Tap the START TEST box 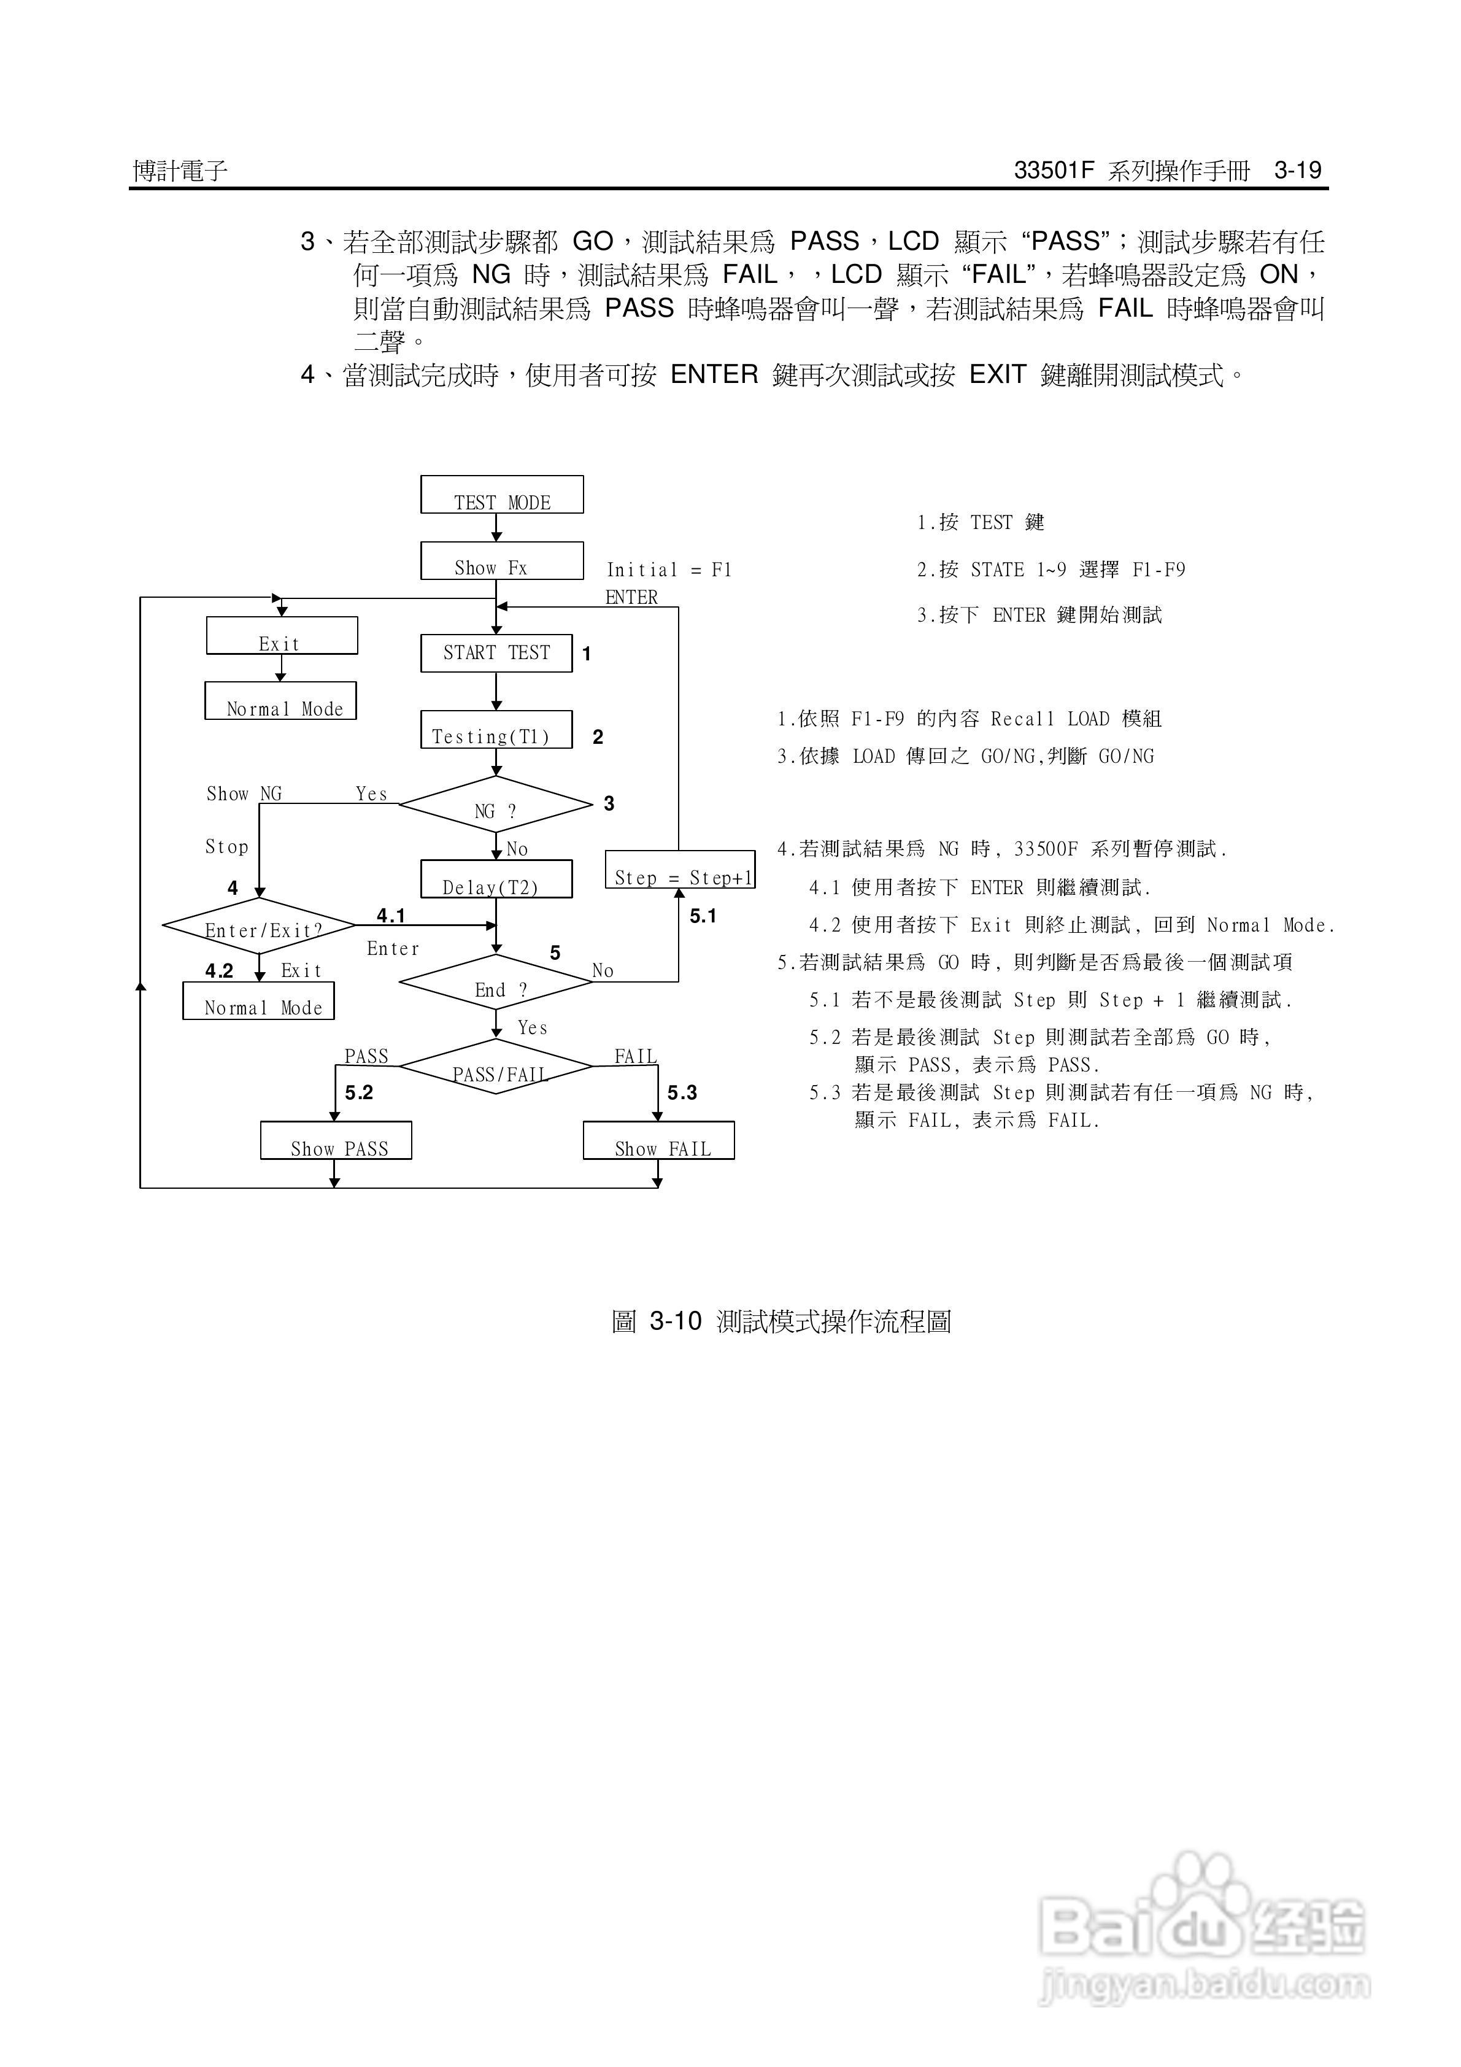(496, 653)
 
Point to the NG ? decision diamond (496, 804)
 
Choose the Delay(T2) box (496, 879)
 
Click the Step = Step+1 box (680, 870)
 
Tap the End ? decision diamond (496, 982)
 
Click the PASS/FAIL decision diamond (496, 1067)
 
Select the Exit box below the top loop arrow (282, 636)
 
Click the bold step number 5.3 (682, 1093)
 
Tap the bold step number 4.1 (391, 916)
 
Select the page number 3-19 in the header (1297, 170)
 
